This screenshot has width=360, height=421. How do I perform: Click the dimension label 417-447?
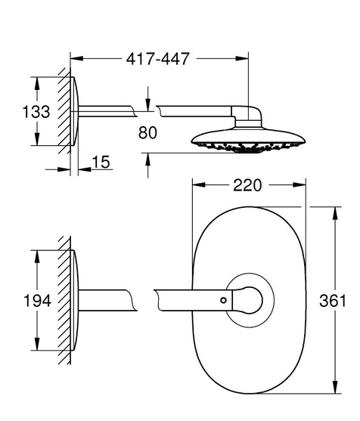[x=158, y=59]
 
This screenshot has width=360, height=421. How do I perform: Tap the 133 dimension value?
[x=36, y=112]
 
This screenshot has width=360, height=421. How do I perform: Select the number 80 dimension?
[x=147, y=132]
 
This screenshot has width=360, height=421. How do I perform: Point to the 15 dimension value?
[x=101, y=162]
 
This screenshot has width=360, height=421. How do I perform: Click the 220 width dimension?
[x=247, y=185]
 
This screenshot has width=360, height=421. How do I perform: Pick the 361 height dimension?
[x=333, y=301]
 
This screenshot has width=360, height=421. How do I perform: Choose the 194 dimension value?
[x=37, y=301]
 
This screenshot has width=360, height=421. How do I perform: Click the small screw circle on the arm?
[x=224, y=300]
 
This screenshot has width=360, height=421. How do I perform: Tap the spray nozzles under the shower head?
[x=248, y=147]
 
